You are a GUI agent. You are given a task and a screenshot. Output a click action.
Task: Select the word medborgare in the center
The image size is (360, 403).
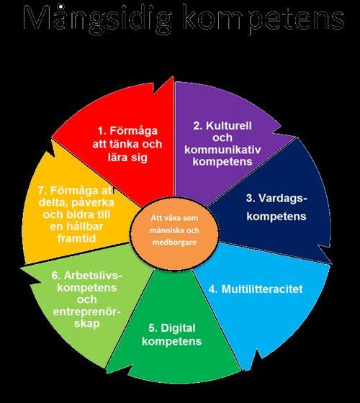point(174,243)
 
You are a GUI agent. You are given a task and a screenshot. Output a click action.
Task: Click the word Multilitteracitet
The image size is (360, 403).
point(262,289)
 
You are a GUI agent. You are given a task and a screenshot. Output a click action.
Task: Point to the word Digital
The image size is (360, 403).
point(178,328)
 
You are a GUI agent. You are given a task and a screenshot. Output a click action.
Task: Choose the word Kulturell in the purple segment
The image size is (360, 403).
point(229,126)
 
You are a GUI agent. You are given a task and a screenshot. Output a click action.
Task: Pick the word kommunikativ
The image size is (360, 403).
point(222,150)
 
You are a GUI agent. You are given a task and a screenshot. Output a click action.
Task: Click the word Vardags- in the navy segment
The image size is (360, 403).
point(283,198)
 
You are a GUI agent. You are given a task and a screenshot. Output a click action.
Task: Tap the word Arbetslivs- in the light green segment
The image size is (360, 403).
point(93,275)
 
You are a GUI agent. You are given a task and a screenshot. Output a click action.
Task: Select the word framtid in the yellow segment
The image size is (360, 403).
point(76,238)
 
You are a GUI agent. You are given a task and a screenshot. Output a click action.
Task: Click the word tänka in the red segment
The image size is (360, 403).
point(126,144)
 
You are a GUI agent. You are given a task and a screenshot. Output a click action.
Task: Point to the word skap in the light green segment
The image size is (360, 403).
point(87,324)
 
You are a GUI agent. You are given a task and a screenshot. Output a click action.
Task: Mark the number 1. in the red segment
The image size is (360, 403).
point(102,131)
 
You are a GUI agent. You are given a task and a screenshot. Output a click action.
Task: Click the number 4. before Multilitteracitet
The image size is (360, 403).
point(213,289)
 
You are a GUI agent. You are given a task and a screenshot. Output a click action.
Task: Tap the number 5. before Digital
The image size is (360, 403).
point(153,328)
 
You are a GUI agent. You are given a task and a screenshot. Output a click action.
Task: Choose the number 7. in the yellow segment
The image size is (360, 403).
point(42,191)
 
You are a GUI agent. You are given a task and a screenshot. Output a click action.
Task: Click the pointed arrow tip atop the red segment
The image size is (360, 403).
point(173,76)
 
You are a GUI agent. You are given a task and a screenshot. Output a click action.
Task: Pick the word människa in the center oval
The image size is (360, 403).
point(166,230)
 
